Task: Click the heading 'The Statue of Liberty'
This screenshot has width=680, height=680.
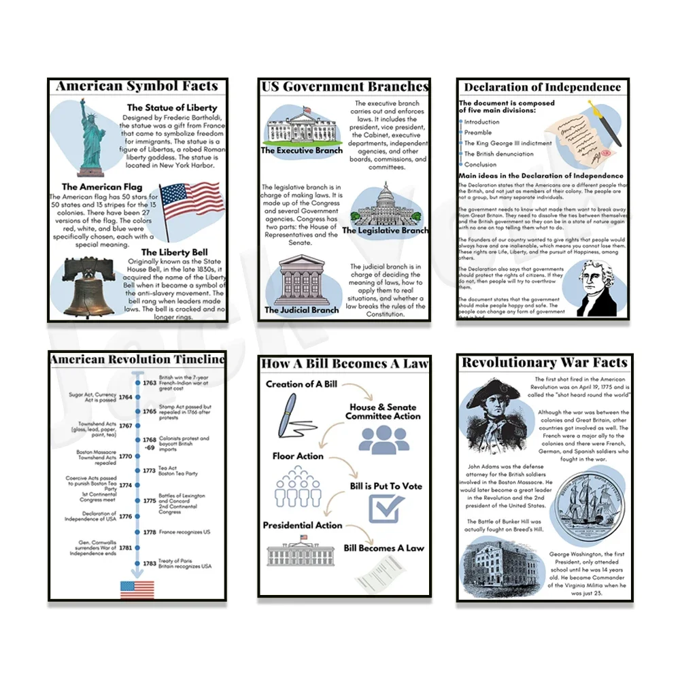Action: click(172, 107)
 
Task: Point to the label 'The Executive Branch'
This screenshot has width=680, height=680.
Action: click(302, 150)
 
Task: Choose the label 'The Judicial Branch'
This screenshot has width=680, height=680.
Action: click(301, 310)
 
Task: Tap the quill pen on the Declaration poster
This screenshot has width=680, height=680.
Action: click(604, 123)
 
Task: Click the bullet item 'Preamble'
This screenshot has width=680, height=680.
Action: click(478, 133)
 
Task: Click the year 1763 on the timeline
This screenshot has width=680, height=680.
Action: click(150, 383)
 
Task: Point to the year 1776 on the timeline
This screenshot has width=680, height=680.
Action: click(126, 517)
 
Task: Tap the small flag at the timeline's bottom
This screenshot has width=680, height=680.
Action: click(137, 589)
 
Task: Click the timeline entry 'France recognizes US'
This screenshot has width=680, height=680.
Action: click(184, 532)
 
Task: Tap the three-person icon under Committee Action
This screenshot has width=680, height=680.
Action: click(384, 439)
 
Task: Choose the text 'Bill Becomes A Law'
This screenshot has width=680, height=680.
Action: click(384, 548)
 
